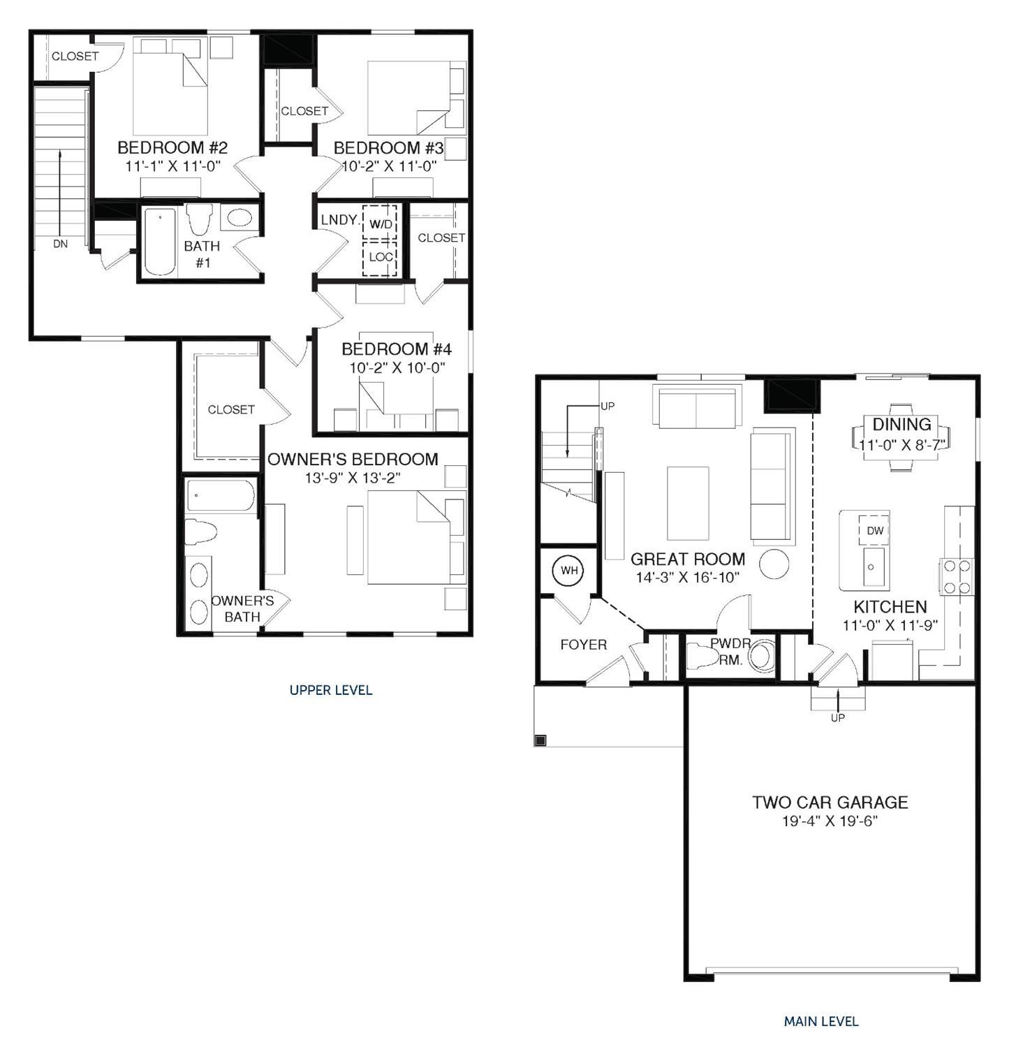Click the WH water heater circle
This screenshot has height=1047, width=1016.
click(x=569, y=571)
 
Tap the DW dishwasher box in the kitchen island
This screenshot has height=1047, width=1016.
click(x=874, y=531)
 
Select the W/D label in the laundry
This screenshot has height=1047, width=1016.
click(x=381, y=224)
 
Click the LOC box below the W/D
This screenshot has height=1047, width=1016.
click(x=381, y=257)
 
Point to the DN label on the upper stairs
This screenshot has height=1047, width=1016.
click(x=61, y=244)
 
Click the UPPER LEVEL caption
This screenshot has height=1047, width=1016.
click(x=331, y=690)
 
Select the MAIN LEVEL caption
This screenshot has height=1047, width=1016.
click(x=821, y=1021)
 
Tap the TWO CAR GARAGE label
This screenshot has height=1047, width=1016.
click(x=830, y=803)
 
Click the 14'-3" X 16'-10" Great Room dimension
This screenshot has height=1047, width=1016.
click(x=687, y=577)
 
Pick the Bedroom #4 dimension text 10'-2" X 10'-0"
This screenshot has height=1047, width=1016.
click(x=397, y=367)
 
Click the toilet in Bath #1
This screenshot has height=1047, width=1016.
click(x=200, y=219)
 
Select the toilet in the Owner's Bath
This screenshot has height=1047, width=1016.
click(x=200, y=532)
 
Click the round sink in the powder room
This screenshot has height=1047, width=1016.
click(x=762, y=655)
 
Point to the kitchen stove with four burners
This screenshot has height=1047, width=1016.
click(x=957, y=577)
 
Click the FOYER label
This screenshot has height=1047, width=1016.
click(x=583, y=645)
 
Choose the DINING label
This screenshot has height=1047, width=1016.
click(x=901, y=424)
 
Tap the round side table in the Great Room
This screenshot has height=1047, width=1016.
click(x=774, y=564)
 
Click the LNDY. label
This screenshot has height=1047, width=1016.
click(x=340, y=220)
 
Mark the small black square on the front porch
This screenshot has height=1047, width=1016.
click(x=540, y=740)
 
